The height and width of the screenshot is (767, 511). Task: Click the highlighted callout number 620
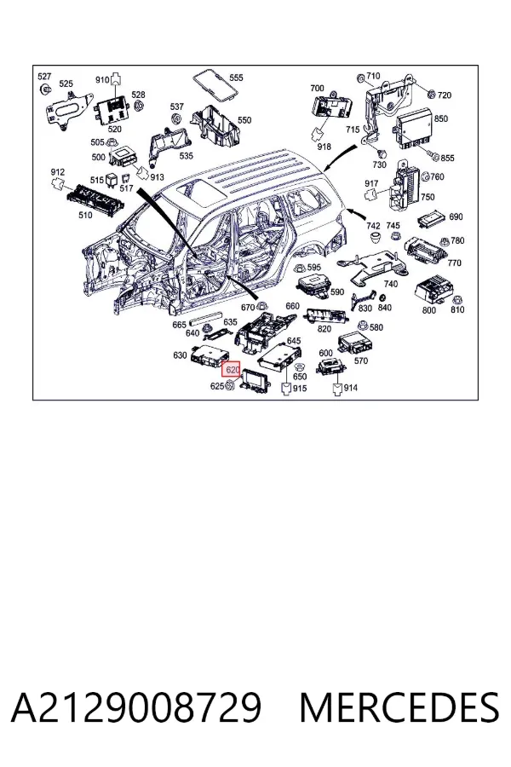coord(232,370)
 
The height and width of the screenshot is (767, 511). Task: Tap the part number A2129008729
coord(136,707)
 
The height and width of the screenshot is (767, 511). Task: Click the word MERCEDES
coord(399,707)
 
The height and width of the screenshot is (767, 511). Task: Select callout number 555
coord(236,78)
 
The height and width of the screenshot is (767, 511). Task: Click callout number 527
coord(44,77)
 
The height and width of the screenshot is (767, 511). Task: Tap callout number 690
coord(456,216)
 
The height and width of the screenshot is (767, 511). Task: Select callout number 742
coord(373,226)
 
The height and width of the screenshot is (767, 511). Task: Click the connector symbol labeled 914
coord(337,389)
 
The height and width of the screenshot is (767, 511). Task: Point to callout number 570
coord(361,361)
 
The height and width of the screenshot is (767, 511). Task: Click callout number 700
coord(317,88)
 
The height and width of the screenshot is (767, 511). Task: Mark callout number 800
coord(429,310)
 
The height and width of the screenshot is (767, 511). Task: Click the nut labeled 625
coord(231,386)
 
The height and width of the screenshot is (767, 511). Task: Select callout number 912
coord(58,172)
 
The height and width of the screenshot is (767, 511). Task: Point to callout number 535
coord(187,156)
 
